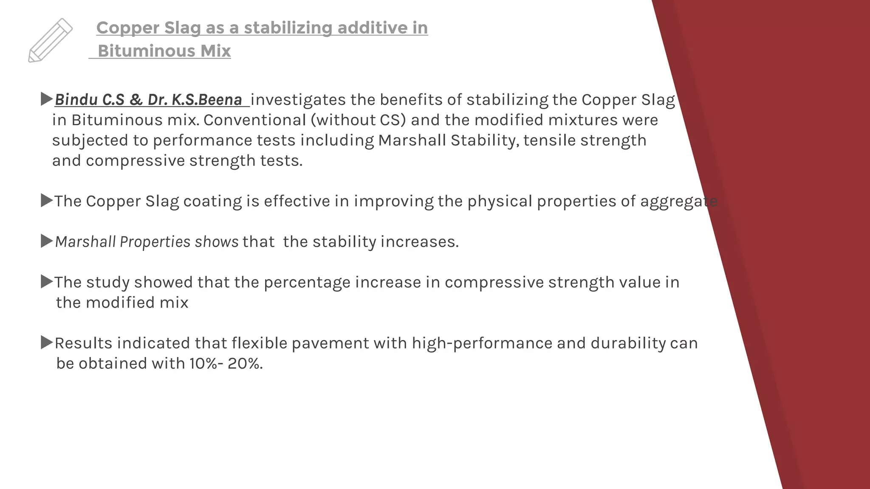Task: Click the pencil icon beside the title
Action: [50, 40]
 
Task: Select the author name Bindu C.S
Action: [90, 100]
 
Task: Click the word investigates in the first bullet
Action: [298, 100]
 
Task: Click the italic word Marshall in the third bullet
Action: [85, 242]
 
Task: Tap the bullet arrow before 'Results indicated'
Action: [46, 343]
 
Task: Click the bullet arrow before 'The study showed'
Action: [46, 282]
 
